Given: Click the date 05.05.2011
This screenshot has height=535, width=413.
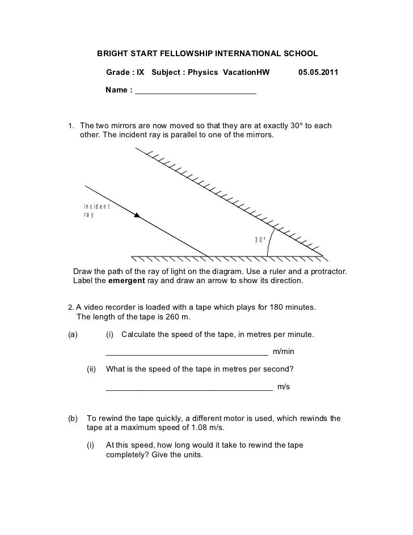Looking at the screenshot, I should [317, 73].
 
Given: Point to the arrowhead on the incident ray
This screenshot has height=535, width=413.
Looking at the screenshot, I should [137, 214].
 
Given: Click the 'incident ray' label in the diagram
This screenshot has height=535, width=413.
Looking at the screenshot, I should [92, 210].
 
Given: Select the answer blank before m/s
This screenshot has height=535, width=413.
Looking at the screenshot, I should [189, 388].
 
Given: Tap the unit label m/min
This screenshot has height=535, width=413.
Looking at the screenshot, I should [284, 352].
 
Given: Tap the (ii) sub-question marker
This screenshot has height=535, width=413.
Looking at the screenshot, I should [91, 369].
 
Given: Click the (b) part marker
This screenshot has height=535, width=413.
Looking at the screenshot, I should [73, 419].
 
